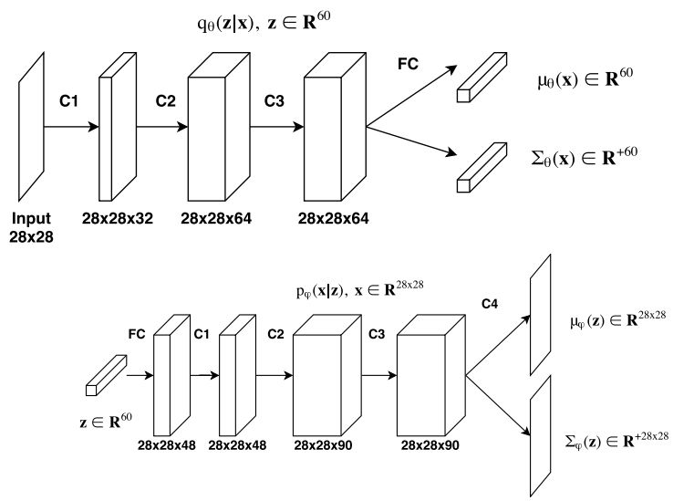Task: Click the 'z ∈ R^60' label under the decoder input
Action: (x=107, y=421)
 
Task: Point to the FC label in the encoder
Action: (x=409, y=65)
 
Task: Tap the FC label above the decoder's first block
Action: (x=138, y=335)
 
